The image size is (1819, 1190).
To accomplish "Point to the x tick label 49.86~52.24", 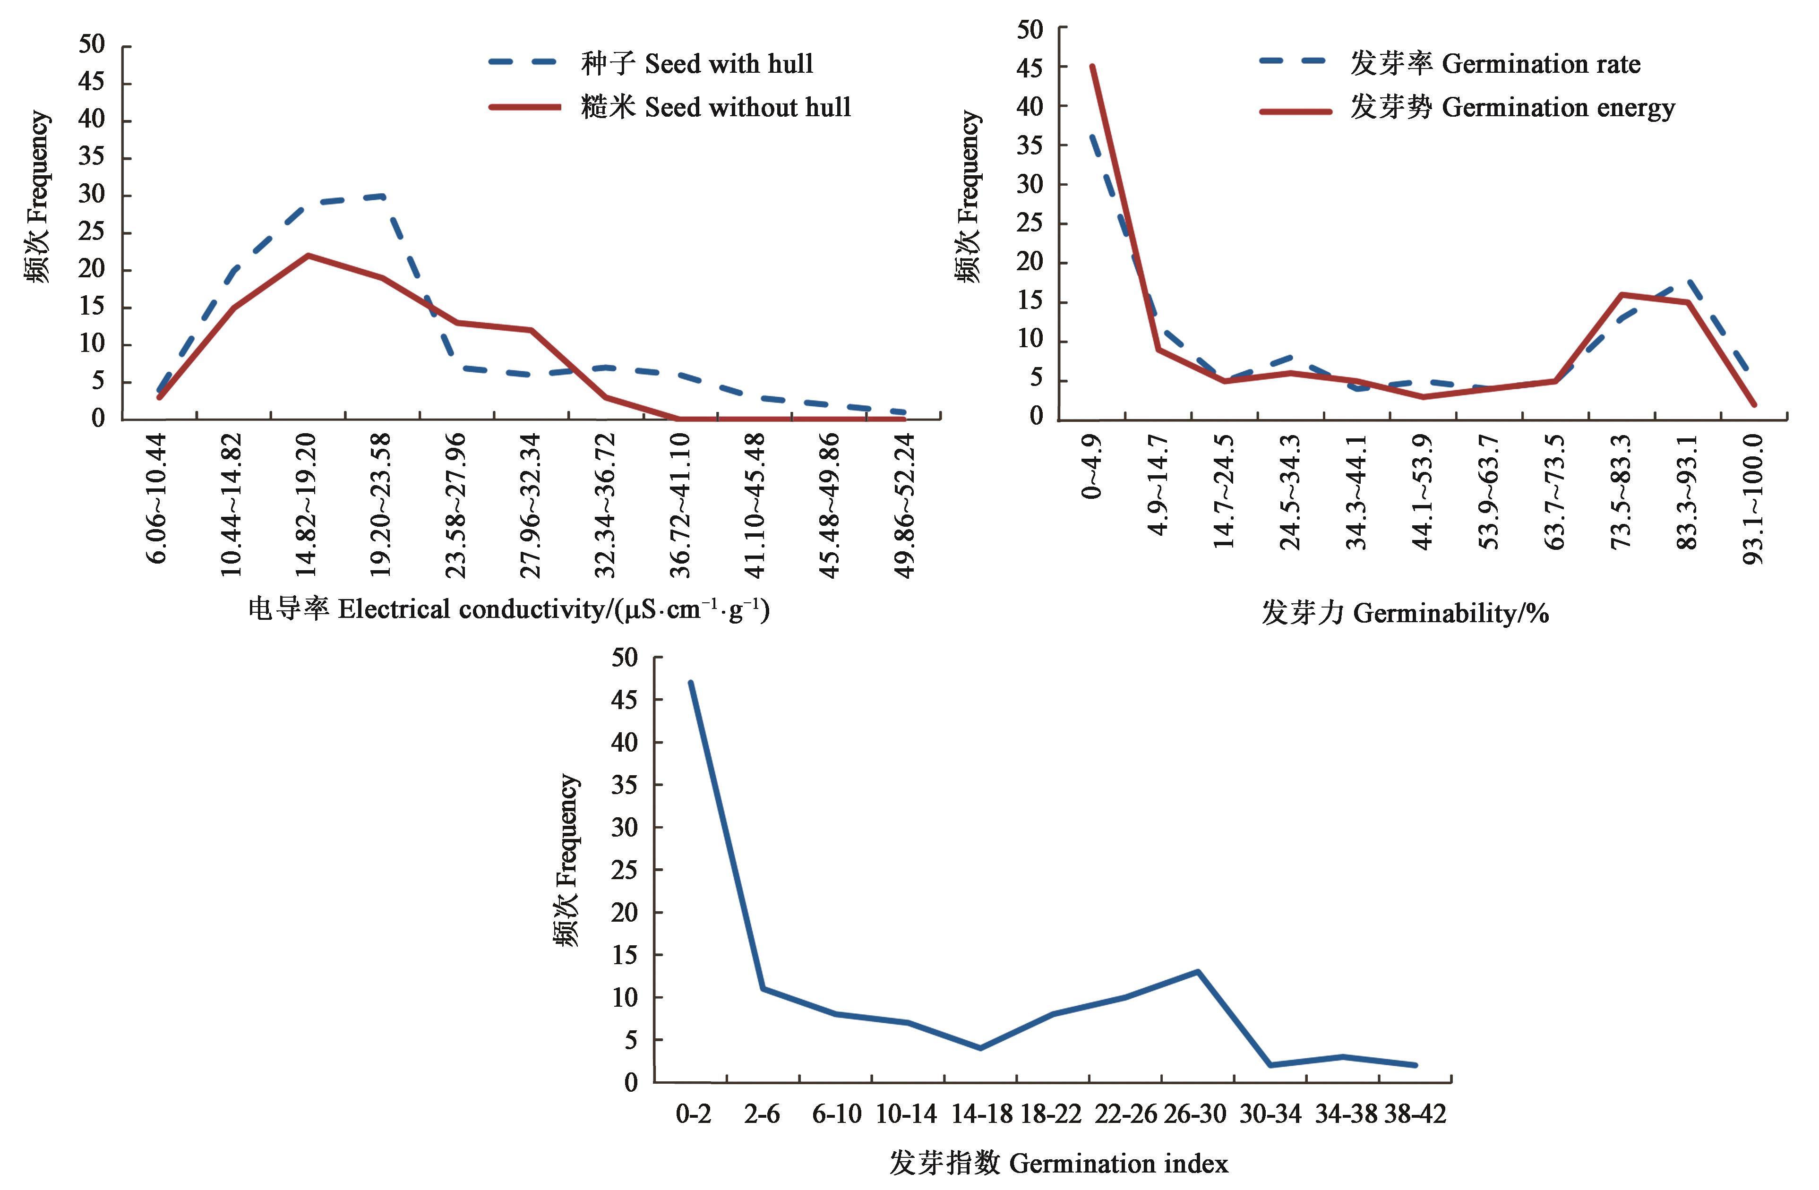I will [904, 505].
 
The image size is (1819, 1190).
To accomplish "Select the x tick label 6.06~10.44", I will [157, 497].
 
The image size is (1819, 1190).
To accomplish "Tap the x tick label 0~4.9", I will [1092, 466].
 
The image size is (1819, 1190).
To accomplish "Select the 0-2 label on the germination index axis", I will [693, 1114].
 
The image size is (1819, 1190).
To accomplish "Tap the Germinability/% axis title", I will [1405, 613].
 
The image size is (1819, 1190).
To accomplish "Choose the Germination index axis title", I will [1058, 1163].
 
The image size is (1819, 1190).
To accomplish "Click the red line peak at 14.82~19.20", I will [307, 255].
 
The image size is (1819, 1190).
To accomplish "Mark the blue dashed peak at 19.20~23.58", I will [381, 197].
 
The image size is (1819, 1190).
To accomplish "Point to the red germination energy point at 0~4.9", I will [1093, 67].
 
